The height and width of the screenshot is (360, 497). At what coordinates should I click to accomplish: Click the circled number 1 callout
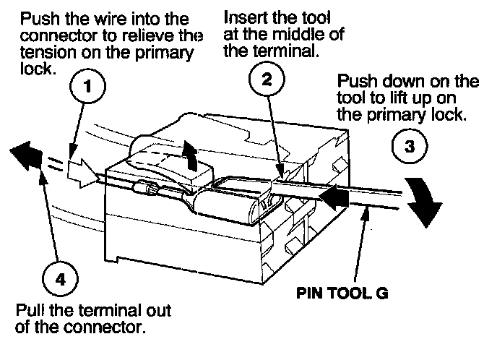pyautogui.click(x=87, y=85)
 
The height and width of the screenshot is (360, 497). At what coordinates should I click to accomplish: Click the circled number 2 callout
pyautogui.click(x=267, y=80)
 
